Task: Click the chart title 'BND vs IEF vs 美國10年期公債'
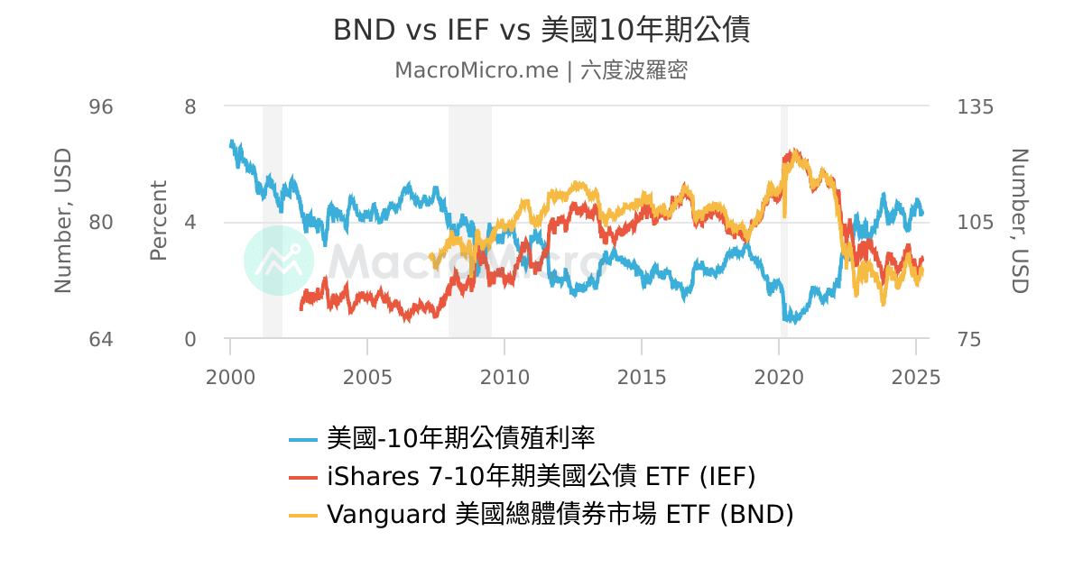541,30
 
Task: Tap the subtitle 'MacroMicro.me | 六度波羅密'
541,70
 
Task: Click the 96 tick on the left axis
101,106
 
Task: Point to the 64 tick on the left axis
101,340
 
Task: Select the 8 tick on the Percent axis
190,106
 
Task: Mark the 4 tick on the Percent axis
190,223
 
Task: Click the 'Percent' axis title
159,221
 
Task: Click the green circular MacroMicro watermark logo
279,261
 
